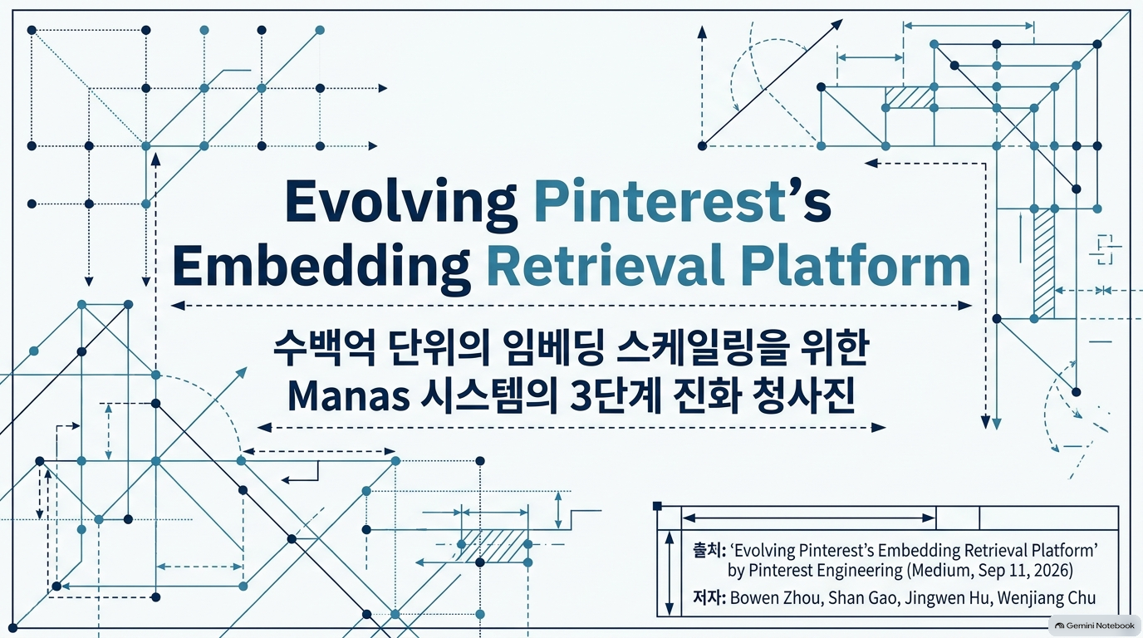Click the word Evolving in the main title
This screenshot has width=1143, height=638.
pos(400,204)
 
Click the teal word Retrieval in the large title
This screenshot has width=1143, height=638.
pos(606,264)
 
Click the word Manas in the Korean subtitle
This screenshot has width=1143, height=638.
pos(349,395)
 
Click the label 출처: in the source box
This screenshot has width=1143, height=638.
pos(709,550)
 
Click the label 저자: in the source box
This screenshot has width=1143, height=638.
pos(709,597)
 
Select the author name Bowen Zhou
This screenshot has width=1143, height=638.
pos(777,597)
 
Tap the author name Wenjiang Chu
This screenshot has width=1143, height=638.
pos(1046,597)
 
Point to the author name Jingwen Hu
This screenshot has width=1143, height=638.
pos(947,597)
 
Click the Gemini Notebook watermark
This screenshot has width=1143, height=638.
pos(1095,626)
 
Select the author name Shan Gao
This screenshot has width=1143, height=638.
pos(863,597)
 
